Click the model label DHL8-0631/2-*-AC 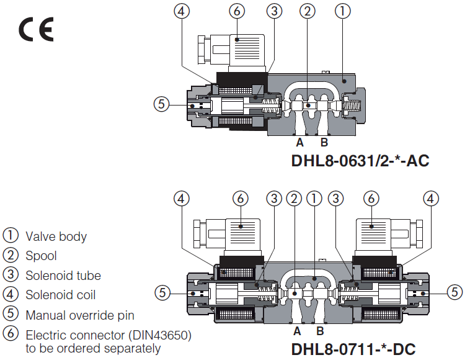point(360,161)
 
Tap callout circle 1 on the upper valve point(343,10)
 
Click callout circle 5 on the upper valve point(161,104)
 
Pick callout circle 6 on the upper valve point(235,10)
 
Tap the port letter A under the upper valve point(300,142)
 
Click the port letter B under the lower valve point(321,331)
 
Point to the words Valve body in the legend point(56,236)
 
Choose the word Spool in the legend point(41,256)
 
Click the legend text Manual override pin point(79,315)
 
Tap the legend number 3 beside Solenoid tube point(11,275)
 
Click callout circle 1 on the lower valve point(315,198)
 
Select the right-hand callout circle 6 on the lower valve point(371,198)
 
